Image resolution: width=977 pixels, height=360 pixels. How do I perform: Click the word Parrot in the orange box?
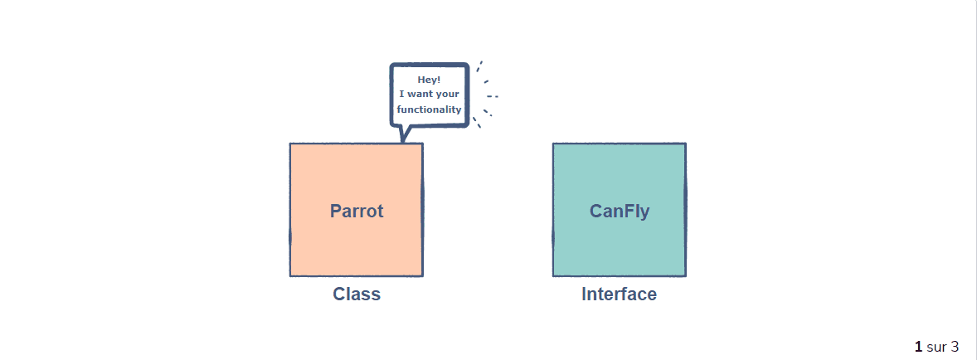tap(357, 211)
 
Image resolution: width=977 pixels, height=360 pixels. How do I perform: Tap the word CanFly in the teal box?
tap(620, 211)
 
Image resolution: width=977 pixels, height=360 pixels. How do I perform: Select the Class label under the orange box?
tap(357, 294)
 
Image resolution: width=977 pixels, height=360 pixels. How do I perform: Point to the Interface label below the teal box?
tap(619, 294)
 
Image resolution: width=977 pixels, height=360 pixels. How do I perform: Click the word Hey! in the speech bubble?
tap(429, 80)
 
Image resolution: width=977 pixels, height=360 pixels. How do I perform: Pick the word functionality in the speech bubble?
tap(429, 109)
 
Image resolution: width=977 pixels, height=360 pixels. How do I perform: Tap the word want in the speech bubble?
tap(422, 95)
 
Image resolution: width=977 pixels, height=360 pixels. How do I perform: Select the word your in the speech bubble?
tap(447, 95)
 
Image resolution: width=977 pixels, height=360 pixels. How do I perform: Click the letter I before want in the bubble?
tap(401, 95)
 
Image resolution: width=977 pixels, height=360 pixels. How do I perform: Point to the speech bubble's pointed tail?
tap(404, 135)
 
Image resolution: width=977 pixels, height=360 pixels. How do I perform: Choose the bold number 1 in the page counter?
tap(918, 346)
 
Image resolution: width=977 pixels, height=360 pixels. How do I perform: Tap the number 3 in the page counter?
tap(955, 346)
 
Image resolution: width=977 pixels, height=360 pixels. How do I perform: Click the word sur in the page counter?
tap(936, 346)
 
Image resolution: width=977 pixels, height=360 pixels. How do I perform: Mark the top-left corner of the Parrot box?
tap(290, 144)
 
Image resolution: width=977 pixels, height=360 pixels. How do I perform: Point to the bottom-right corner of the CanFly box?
tap(685, 275)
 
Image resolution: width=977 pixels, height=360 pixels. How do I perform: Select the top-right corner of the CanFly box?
tap(685, 144)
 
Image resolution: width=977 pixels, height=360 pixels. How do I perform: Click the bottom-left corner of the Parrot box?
tap(290, 275)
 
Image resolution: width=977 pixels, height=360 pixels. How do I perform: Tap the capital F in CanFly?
tap(629, 211)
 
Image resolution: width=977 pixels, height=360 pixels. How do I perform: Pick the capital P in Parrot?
tap(336, 211)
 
